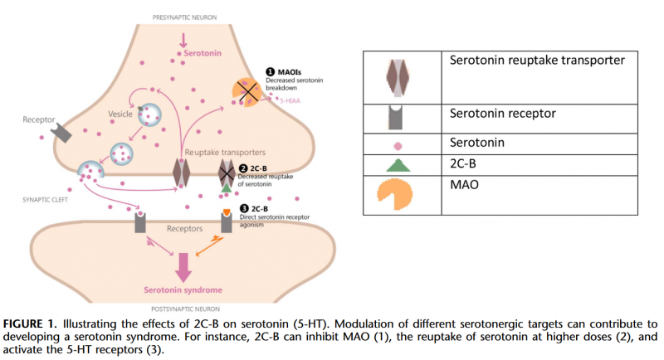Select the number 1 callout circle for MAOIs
[x=271, y=72]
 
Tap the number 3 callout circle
[x=243, y=207]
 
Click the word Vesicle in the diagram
[x=122, y=113]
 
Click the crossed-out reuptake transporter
[x=227, y=173]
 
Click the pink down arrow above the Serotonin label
[x=183, y=39]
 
